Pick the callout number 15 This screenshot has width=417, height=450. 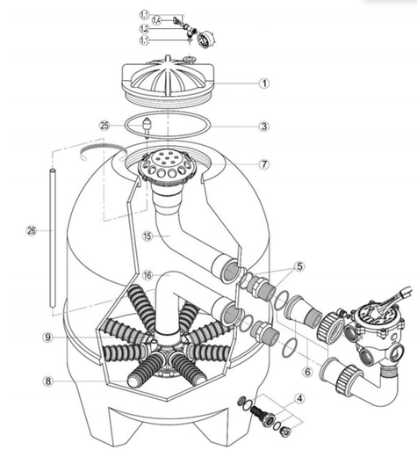click(148, 236)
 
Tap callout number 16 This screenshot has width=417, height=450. click(148, 274)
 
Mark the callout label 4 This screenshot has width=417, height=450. click(301, 397)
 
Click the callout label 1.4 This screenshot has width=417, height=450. click(156, 18)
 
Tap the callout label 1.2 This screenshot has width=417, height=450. click(145, 28)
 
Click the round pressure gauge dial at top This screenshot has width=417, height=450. click(207, 39)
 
